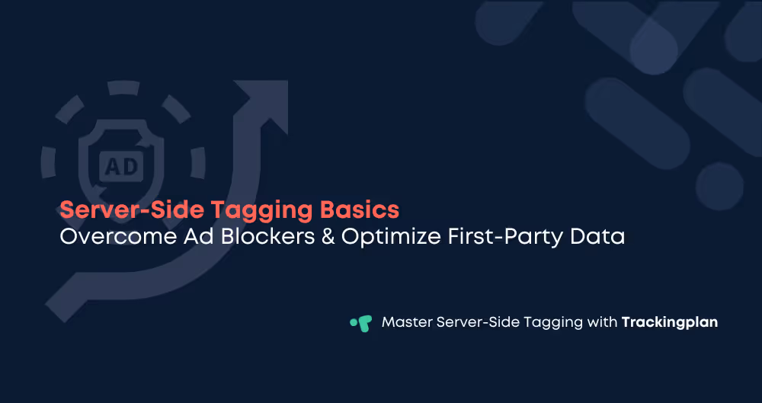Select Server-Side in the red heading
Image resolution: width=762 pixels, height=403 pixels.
137,210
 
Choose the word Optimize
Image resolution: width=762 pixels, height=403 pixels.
387,236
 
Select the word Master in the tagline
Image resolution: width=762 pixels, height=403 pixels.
406,322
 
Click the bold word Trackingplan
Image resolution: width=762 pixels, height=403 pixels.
669,322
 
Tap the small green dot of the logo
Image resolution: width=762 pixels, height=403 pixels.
354,322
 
